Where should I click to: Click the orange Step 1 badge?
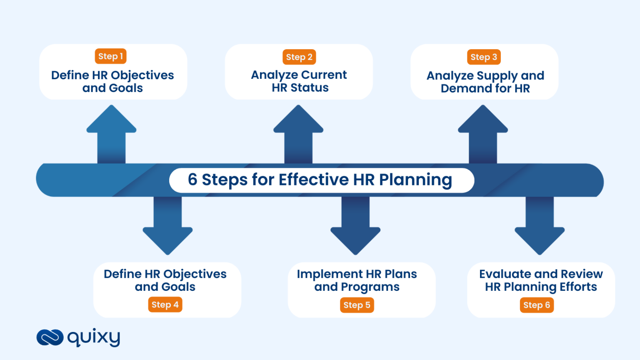click(110, 56)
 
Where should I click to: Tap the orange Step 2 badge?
click(299, 57)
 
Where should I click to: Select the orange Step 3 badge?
click(484, 57)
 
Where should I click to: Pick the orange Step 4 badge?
click(165, 305)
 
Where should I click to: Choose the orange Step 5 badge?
click(357, 305)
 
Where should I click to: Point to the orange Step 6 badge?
click(537, 305)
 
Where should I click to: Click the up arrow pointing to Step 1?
click(111, 133)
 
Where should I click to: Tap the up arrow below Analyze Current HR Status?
click(298, 133)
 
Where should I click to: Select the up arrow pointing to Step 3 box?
click(483, 133)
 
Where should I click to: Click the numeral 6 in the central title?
click(192, 180)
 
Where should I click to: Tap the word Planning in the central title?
click(415, 180)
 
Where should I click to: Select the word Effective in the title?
click(313, 180)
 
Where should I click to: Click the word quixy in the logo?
click(94, 337)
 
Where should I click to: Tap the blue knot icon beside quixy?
click(50, 337)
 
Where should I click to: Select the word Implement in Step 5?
click(324, 274)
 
